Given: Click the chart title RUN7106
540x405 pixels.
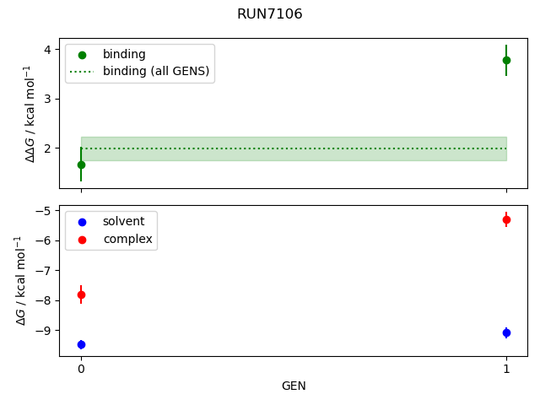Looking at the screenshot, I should [270, 14].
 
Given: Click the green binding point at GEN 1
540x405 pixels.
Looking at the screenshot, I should [506, 60].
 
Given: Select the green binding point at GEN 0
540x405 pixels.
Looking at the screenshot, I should [81, 165].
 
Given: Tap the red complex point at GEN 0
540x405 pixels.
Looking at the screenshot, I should [81, 294].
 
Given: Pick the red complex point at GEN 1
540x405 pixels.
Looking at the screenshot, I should [506, 219].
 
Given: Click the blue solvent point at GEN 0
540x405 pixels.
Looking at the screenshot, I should [81, 344].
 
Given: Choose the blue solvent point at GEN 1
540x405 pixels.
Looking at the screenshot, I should [506, 332].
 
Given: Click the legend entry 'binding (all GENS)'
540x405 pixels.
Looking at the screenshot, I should [155, 71].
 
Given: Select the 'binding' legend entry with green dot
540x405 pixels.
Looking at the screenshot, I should [124, 54].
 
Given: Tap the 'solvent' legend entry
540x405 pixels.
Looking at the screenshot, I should [123, 221].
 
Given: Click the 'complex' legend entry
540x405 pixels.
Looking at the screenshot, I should [127, 239].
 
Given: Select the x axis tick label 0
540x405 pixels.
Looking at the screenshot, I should [81, 369].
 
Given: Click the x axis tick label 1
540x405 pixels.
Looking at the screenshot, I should [506, 369].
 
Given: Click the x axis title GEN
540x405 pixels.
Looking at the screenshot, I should [294, 386].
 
